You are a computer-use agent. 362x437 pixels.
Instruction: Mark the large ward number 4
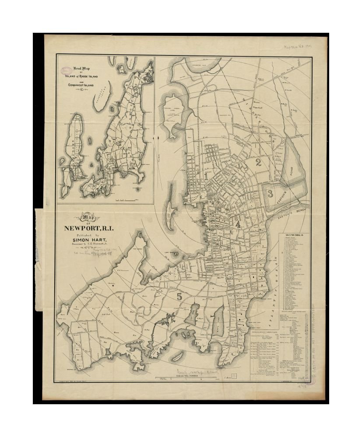[x=238, y=224]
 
